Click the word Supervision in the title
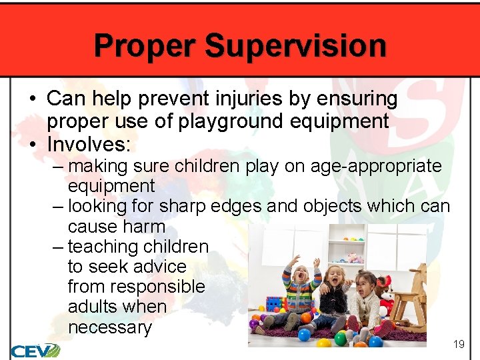pyautogui.click(x=295, y=46)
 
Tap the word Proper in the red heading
pyautogui.click(x=145, y=46)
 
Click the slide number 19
pyautogui.click(x=458, y=344)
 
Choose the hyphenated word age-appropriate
pyautogui.click(x=363, y=166)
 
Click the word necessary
pyautogui.click(x=109, y=327)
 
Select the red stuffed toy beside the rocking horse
pyautogui.click(x=384, y=293)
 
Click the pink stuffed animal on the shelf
pyautogui.click(x=354, y=257)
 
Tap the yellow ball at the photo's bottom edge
pyautogui.click(x=324, y=342)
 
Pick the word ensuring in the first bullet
pyautogui.click(x=357, y=99)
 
